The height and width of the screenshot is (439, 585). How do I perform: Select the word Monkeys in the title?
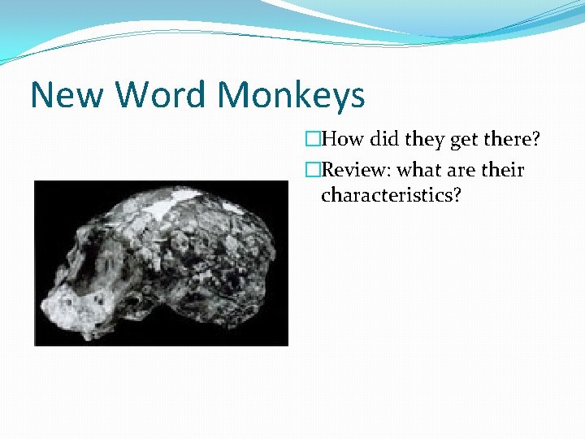(291, 97)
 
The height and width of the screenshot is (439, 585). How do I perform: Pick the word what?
(422, 171)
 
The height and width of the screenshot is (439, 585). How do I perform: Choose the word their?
(504, 171)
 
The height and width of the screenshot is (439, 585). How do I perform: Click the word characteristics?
(391, 195)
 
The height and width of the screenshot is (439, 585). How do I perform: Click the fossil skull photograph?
(161, 263)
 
